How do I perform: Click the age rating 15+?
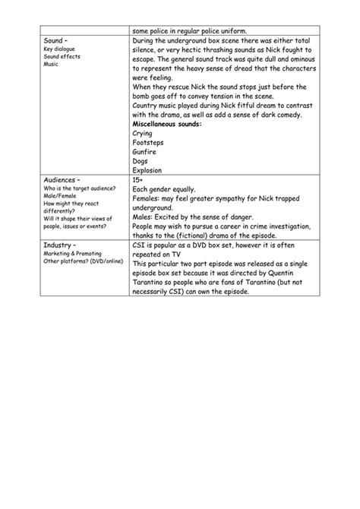click(137, 180)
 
